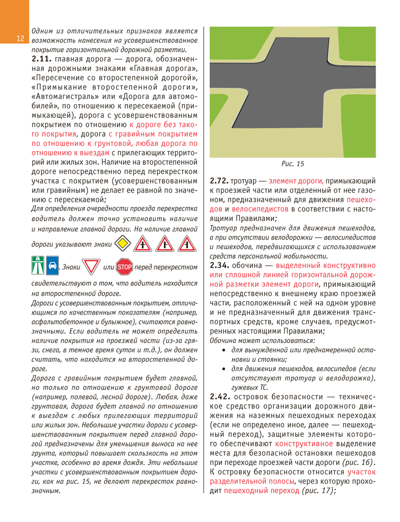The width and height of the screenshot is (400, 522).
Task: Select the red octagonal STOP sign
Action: (x=125, y=266)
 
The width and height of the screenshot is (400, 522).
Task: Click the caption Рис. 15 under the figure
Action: (x=292, y=164)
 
